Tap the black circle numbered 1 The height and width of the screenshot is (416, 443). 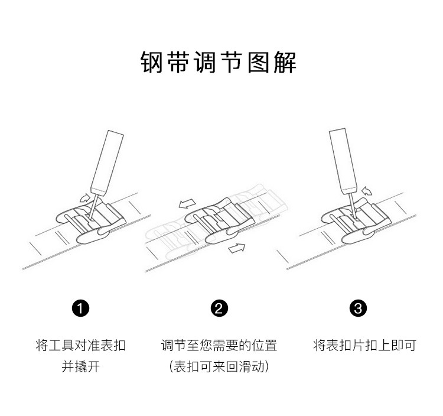coord(80,308)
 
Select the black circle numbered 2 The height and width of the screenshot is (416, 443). coord(219,308)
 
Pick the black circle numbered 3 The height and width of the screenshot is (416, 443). coord(358,308)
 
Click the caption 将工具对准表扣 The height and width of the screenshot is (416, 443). coord(80,345)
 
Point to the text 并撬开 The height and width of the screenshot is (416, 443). coord(80,367)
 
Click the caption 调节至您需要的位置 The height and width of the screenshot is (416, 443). coord(219,345)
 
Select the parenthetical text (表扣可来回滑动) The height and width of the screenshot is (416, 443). coord(219,367)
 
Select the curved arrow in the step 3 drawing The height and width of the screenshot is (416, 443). coord(367,190)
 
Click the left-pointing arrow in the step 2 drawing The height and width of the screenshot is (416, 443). coord(187,204)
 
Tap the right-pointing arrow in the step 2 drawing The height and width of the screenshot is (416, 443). coord(237,248)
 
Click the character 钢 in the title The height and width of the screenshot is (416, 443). coord(152,63)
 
